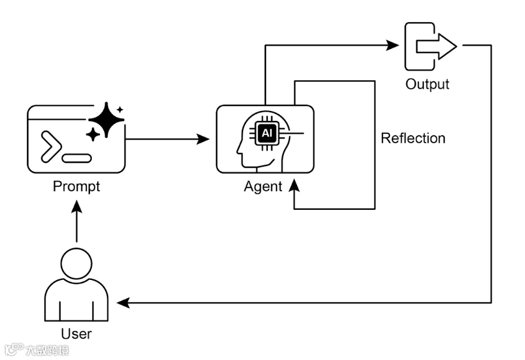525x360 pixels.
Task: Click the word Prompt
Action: (x=76, y=186)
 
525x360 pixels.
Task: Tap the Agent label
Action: (x=262, y=187)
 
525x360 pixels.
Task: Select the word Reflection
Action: (x=413, y=139)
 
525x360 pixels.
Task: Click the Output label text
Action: (x=427, y=84)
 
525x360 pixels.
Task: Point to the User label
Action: (x=76, y=334)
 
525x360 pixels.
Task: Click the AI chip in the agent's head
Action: (x=266, y=134)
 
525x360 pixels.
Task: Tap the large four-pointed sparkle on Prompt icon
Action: (x=106, y=120)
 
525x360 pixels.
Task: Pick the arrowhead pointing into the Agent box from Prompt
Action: (x=203, y=139)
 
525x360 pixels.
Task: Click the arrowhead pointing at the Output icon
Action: (x=392, y=45)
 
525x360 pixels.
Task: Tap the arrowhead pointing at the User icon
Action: (x=122, y=303)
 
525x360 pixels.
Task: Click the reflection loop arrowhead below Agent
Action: (x=293, y=186)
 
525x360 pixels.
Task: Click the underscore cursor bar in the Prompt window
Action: (x=77, y=158)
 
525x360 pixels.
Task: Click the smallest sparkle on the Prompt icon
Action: (x=120, y=109)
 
